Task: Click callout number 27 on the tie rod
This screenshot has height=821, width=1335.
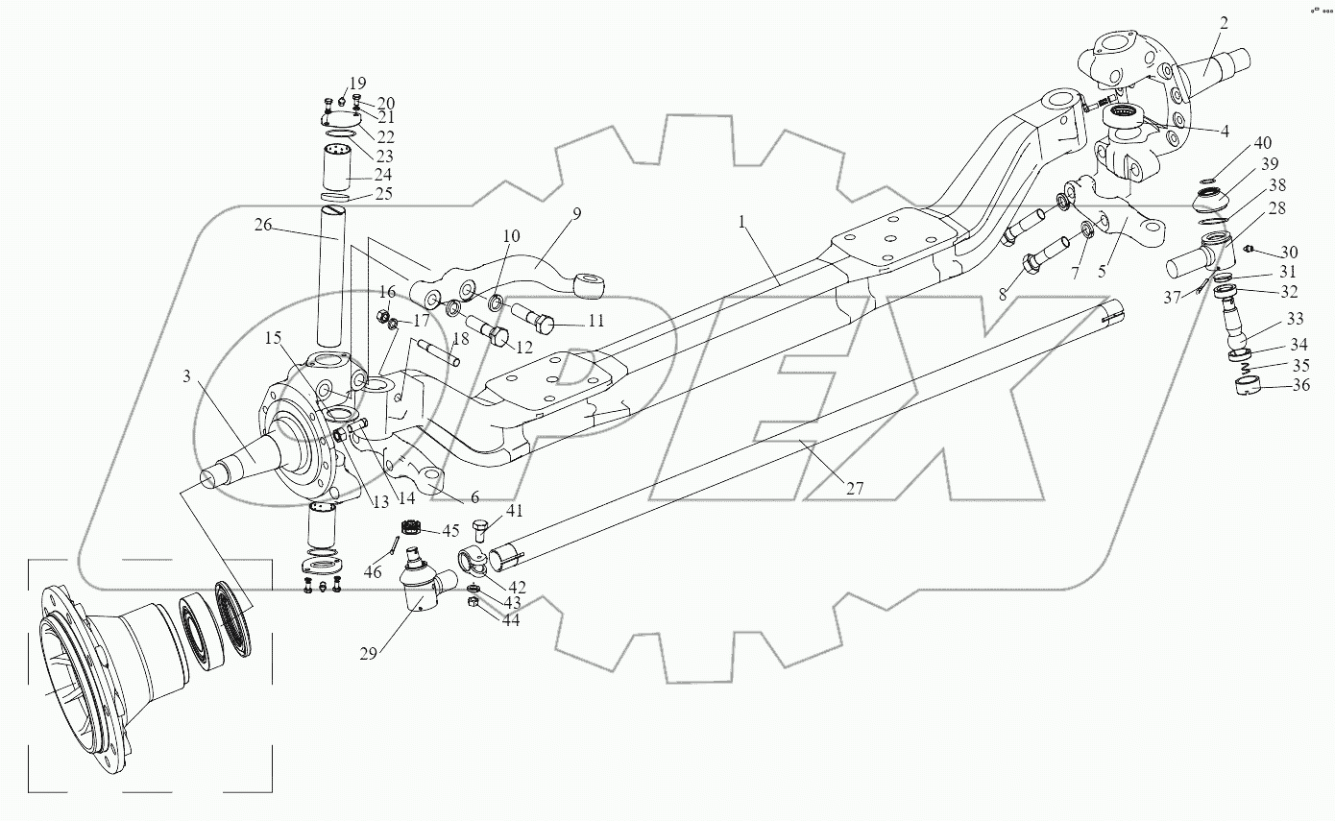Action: coord(855,488)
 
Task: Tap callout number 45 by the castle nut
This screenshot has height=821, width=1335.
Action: coord(451,531)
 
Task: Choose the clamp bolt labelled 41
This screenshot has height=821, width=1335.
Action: coord(482,528)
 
